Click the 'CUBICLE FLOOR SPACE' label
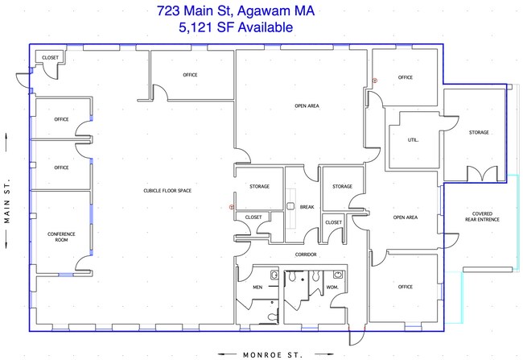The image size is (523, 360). [167, 191]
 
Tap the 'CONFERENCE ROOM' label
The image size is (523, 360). [61, 237]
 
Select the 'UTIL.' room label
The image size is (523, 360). [413, 140]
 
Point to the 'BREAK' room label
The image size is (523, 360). [307, 207]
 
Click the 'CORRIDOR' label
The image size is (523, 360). [306, 254]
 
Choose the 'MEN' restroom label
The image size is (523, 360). [257, 287]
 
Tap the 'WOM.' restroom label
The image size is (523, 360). [332, 287]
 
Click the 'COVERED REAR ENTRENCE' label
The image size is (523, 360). [482, 217]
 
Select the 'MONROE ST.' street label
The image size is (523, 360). [273, 354]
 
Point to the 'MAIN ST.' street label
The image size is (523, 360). [7, 201]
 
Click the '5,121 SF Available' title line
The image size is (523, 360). [236, 27]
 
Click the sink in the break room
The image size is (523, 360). [290, 206]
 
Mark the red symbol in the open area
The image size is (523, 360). [375, 81]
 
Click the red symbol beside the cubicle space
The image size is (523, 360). [232, 207]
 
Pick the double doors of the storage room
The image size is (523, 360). [482, 174]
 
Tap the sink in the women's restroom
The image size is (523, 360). [338, 275]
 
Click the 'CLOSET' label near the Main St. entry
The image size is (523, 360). [51, 57]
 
